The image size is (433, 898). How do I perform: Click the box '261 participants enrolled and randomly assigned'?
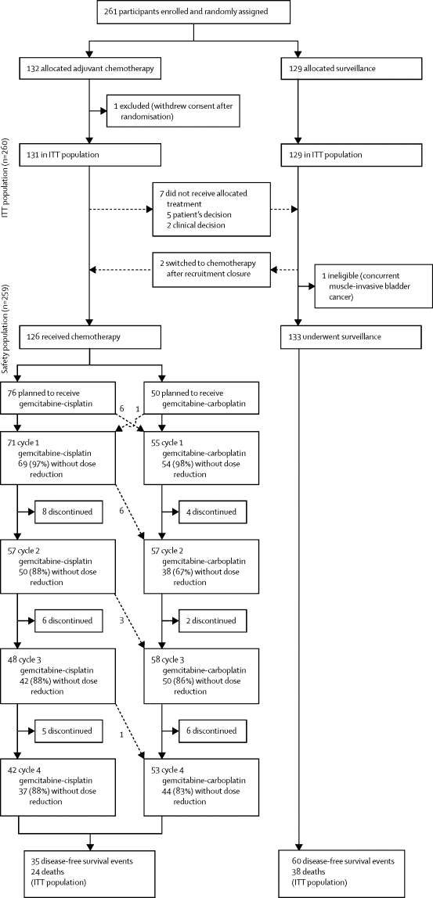(x=193, y=13)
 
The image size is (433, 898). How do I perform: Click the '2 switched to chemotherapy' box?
(x=211, y=268)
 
